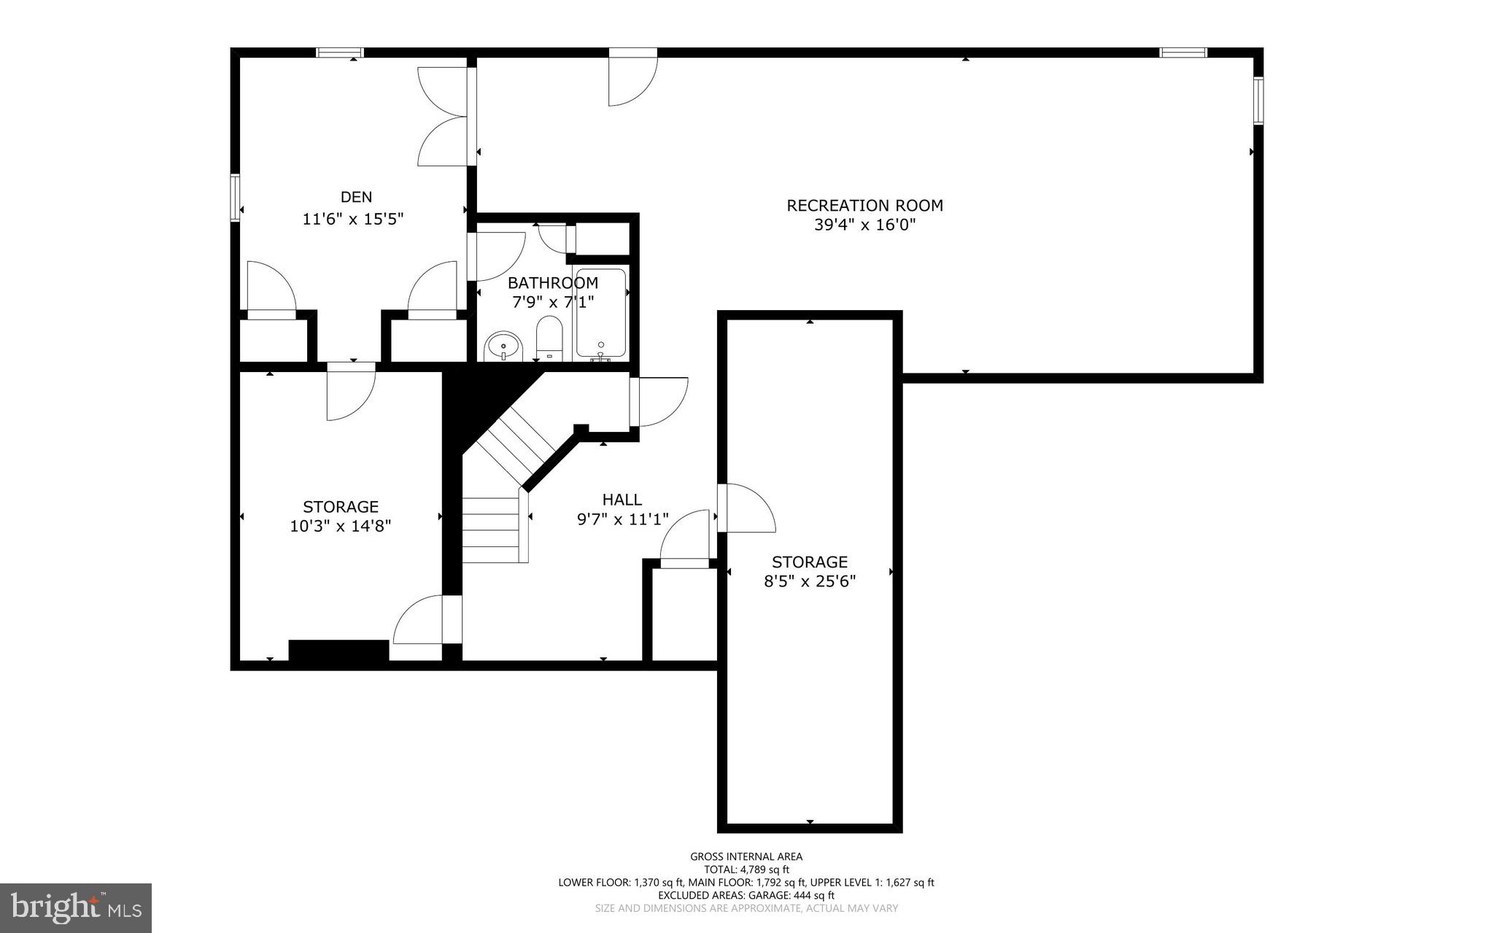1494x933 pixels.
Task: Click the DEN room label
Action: point(356,197)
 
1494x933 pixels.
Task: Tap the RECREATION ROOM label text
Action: point(864,206)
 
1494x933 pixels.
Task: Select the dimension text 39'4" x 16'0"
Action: point(864,225)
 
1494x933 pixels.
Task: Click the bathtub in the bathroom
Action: point(600,314)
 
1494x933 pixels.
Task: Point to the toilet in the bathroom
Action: point(549,338)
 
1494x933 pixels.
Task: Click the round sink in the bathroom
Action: point(503,346)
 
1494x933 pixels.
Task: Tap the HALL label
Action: point(622,500)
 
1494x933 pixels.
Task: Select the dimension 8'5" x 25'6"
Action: point(810,581)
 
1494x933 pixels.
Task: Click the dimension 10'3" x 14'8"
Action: point(341,526)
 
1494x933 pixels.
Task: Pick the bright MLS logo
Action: point(76,907)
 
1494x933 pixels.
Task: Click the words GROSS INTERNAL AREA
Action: point(746,856)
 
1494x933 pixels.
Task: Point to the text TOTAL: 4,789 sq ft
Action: point(746,870)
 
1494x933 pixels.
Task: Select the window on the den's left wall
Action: point(236,197)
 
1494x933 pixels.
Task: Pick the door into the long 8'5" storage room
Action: point(744,508)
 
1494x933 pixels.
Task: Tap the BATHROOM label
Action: point(553,283)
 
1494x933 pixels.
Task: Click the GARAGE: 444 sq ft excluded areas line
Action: point(746,895)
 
